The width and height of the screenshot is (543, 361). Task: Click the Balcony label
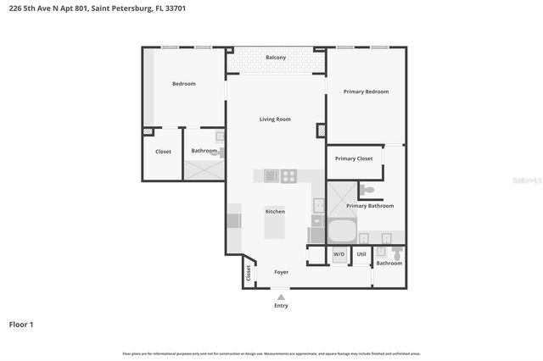click(276, 58)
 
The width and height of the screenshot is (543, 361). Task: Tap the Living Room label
click(275, 119)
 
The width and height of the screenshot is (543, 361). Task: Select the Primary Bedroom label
click(366, 92)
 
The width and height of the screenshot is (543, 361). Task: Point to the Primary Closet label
click(354, 158)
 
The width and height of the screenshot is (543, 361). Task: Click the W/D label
click(339, 253)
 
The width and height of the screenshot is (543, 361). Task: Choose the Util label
click(361, 253)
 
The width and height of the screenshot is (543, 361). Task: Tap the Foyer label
click(281, 272)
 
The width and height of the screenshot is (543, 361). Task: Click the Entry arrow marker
click(281, 296)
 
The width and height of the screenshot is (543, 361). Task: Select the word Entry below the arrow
click(281, 306)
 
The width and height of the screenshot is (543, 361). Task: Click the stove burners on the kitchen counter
click(289, 176)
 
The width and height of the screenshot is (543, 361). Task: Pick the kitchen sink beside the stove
click(271, 176)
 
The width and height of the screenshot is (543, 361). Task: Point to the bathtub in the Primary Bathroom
click(342, 231)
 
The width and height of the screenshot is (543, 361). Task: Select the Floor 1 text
click(21, 325)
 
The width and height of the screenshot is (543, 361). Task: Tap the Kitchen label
click(275, 211)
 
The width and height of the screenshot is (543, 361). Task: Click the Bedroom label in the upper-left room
click(184, 84)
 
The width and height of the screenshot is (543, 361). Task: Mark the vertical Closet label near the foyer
click(249, 273)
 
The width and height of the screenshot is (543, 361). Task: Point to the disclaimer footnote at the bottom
click(271, 353)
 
